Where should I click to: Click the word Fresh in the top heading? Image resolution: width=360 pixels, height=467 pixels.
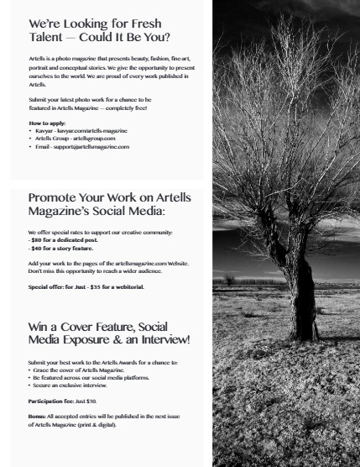(146, 24)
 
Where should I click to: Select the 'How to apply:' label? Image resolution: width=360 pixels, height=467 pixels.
(46, 123)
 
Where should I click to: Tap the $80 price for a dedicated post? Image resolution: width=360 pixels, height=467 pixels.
(38, 239)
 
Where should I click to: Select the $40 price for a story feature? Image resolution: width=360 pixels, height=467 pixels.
(38, 248)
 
